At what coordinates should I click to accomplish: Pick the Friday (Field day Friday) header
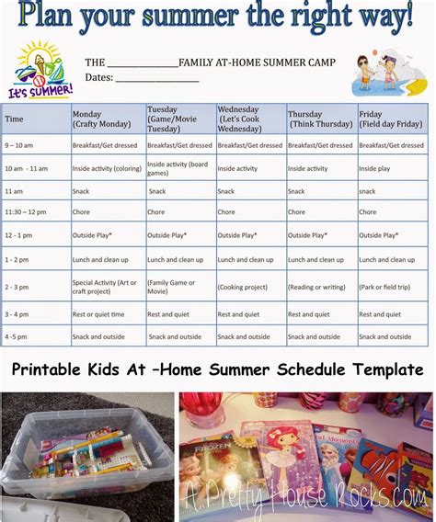(390, 119)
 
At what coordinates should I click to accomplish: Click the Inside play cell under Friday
(375, 169)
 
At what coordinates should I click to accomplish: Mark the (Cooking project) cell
(242, 287)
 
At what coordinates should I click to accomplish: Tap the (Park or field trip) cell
(387, 287)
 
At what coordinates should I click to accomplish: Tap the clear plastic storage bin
(83, 460)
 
